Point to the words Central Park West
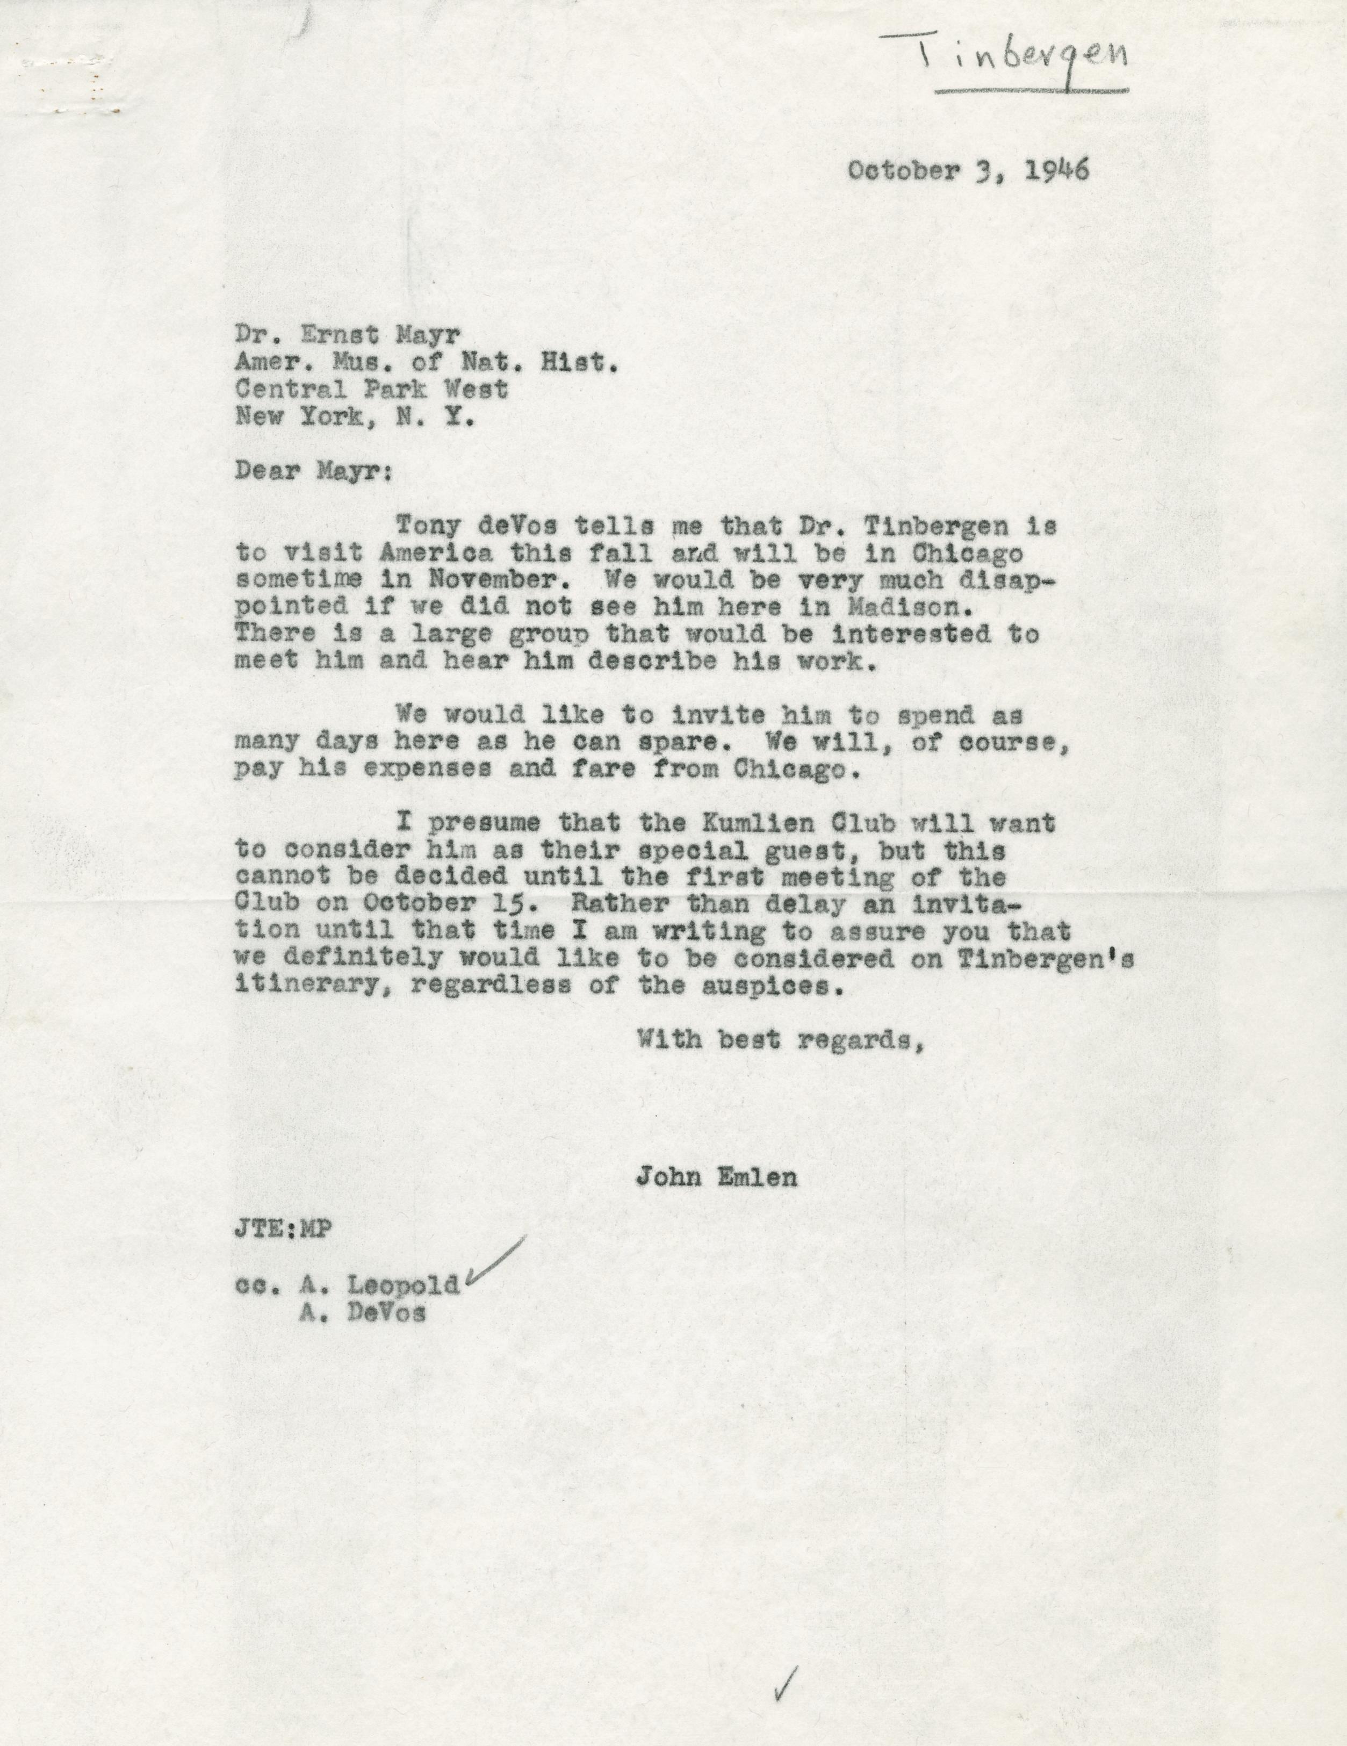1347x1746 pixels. point(371,389)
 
